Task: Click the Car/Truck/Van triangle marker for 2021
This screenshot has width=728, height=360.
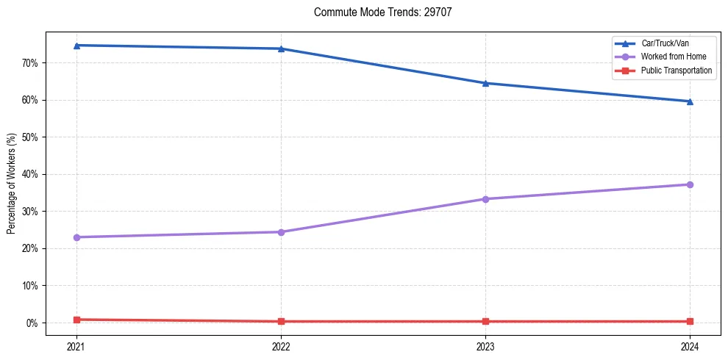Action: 76,46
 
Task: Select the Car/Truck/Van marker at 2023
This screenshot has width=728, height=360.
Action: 485,83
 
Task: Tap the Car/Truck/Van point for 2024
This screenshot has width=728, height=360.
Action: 690,101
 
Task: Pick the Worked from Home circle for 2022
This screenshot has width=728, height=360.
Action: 281,232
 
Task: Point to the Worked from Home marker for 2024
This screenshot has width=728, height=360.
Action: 690,184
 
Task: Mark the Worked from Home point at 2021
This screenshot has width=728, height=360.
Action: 76,237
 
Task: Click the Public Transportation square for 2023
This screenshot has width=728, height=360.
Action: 485,321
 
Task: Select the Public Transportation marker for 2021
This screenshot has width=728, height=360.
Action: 76,320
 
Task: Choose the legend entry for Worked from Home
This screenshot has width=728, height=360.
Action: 673,57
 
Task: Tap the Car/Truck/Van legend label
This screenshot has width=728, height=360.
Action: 665,43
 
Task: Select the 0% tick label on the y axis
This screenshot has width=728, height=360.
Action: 32,323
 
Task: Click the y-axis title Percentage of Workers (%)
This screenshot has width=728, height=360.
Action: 12,184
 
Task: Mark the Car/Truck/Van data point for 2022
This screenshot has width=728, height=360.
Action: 281,48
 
